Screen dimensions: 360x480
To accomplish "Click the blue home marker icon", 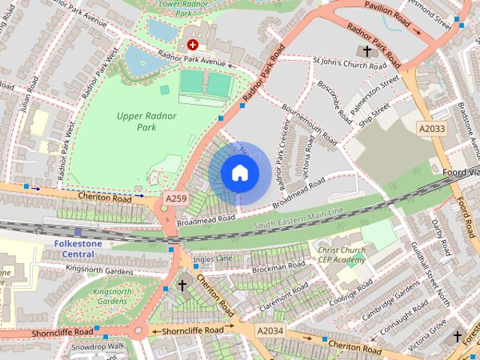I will pos(239,173).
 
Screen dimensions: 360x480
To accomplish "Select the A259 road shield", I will pos(175,198).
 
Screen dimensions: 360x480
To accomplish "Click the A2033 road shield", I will pos(431,129).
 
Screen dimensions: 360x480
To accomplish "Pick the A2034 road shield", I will pos(270,331).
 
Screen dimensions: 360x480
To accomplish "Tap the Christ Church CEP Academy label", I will pos(341,255).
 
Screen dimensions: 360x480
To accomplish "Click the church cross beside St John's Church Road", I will pos(367,51).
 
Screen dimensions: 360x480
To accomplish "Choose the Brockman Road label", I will pos(278,267).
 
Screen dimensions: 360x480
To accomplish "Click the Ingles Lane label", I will pos(213,259).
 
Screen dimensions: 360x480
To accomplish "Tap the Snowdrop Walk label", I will pos(97,346).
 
